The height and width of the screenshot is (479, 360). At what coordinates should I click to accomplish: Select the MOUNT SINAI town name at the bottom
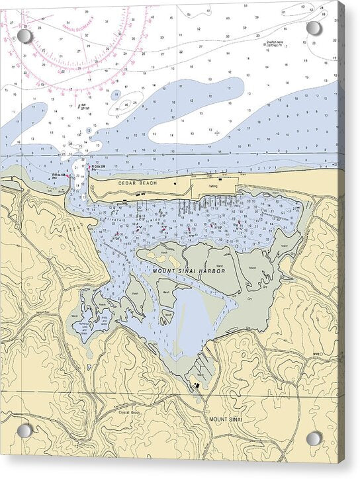tap(227, 419)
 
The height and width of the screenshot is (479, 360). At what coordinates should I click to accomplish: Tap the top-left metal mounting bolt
tap(24, 35)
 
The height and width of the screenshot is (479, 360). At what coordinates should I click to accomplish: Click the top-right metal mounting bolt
tap(314, 28)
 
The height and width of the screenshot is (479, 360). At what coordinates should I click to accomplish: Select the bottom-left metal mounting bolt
tap(24, 431)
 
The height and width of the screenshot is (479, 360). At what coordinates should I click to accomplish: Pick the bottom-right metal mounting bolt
tap(314, 438)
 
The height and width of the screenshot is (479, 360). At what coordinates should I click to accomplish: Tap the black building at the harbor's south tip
tap(196, 384)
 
